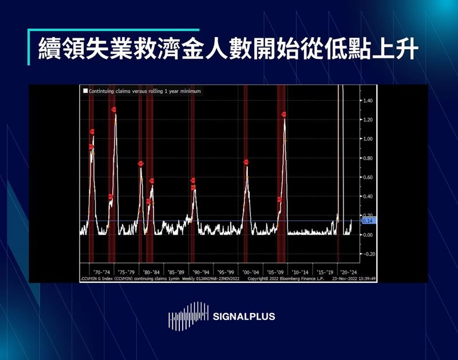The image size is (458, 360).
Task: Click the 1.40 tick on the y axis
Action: pyautogui.click(x=368, y=100)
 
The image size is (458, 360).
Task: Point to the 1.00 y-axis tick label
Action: pyautogui.click(x=368, y=139)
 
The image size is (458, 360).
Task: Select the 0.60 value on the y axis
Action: pyautogui.click(x=368, y=177)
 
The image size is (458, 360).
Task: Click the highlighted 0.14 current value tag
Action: pyautogui.click(x=367, y=220)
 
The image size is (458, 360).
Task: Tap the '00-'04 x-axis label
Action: pyautogui.click(x=250, y=272)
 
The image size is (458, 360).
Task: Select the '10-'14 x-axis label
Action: pyautogui.click(x=300, y=272)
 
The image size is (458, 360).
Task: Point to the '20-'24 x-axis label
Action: pyautogui.click(x=349, y=272)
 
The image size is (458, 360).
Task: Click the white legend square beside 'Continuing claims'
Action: pyautogui.click(x=85, y=91)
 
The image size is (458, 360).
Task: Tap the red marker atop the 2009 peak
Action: pyautogui.click(x=284, y=114)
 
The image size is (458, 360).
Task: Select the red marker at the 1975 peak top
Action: pyautogui.click(x=114, y=109)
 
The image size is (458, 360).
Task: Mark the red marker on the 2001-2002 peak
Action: pyautogui.click(x=246, y=163)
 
